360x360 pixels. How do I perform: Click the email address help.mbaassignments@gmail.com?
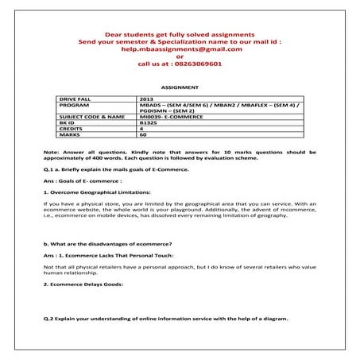tap(179, 48)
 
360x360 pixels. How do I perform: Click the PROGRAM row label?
tap(74, 105)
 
